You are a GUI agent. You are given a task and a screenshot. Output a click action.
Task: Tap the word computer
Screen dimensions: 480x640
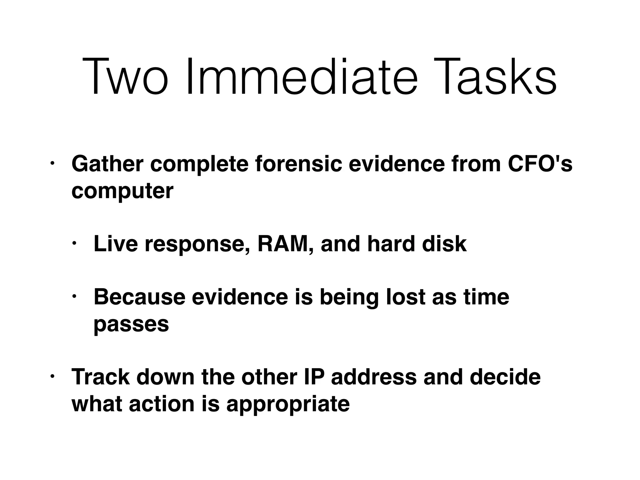click(122, 191)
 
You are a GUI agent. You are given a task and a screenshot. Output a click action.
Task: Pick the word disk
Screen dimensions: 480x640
click(444, 244)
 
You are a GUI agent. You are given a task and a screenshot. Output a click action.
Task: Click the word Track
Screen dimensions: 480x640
click(100, 377)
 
